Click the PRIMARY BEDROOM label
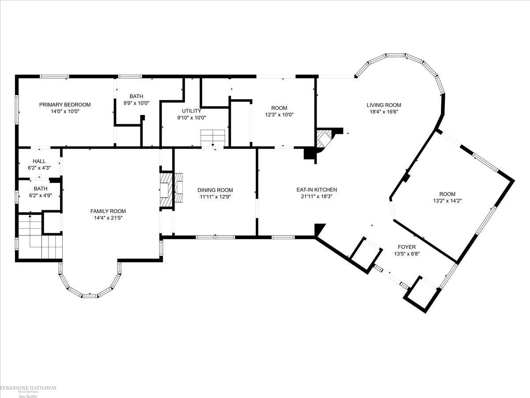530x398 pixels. [65, 105]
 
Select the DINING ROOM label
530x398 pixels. [215, 190]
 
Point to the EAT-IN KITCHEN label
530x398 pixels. [317, 190]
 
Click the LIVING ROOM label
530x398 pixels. [383, 105]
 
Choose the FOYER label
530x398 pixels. [406, 247]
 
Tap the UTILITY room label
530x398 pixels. [191, 111]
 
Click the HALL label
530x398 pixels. [39, 161]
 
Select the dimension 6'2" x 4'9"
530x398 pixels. [40, 195]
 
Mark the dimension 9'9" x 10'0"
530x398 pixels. [136, 103]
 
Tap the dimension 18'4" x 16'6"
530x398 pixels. [383, 112]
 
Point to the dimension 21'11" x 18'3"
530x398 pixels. [317, 197]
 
